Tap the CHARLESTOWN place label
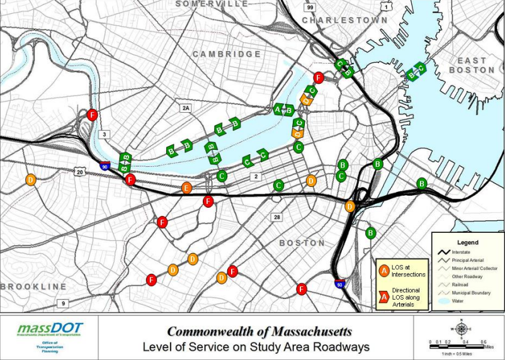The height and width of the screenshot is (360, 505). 344,20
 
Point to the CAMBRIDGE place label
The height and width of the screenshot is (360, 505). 227,55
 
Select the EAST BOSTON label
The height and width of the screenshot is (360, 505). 476,65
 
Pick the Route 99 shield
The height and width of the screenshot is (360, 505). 310,7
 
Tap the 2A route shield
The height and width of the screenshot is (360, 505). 185,108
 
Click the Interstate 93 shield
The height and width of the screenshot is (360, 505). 340,285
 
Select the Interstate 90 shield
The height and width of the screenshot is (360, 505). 105,166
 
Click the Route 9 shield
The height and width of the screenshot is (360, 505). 62,303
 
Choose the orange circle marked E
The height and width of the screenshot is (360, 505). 186,188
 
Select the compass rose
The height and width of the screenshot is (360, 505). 461,329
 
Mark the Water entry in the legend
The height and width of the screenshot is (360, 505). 460,302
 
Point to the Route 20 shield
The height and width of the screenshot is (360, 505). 79,172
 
